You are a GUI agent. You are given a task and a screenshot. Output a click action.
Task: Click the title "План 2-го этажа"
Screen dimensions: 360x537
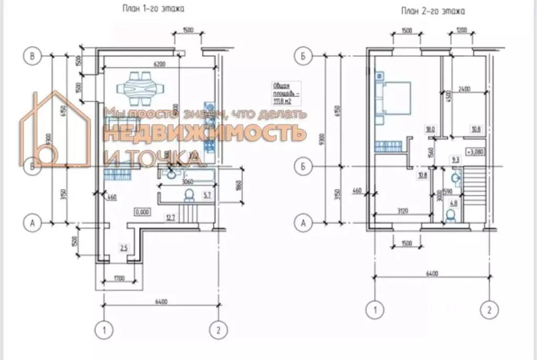(x=433, y=10)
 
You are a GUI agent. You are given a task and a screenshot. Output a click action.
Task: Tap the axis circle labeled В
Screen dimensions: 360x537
(x=33, y=56)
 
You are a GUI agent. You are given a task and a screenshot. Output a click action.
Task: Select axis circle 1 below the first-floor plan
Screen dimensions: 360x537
(x=104, y=330)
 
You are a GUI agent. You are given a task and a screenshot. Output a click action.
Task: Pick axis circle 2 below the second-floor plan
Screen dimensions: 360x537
(x=489, y=310)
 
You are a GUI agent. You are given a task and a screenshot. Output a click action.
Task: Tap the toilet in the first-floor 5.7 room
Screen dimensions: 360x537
(x=188, y=196)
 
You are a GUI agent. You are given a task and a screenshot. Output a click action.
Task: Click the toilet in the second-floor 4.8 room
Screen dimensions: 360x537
(x=450, y=215)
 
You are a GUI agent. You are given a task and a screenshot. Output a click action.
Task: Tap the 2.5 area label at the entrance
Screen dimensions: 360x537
(x=123, y=247)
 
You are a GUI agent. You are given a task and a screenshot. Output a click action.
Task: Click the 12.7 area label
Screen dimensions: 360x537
(x=169, y=217)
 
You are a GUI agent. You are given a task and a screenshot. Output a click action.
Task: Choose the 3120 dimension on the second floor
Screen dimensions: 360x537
(x=402, y=211)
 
